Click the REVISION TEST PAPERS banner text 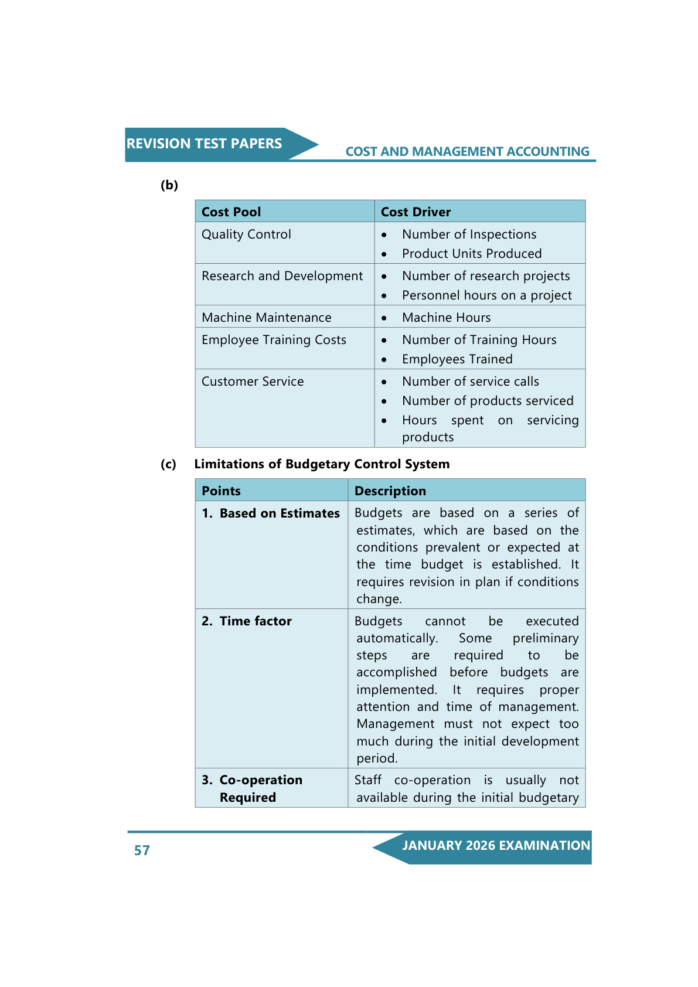(204, 144)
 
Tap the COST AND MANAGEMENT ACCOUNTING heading (467, 152)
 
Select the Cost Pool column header (231, 212)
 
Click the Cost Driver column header (416, 212)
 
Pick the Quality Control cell (246, 234)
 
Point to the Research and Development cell (282, 276)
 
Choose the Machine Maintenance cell (266, 318)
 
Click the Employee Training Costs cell (274, 340)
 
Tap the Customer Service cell (253, 382)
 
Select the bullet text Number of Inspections (469, 234)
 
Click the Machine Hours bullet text (446, 318)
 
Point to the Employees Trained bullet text (457, 359)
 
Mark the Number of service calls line (470, 382)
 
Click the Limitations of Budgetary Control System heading (322, 464)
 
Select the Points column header (221, 491)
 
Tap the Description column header (390, 491)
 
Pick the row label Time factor (256, 621)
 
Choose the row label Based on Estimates (280, 513)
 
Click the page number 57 (142, 850)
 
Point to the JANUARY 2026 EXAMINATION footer (496, 846)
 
